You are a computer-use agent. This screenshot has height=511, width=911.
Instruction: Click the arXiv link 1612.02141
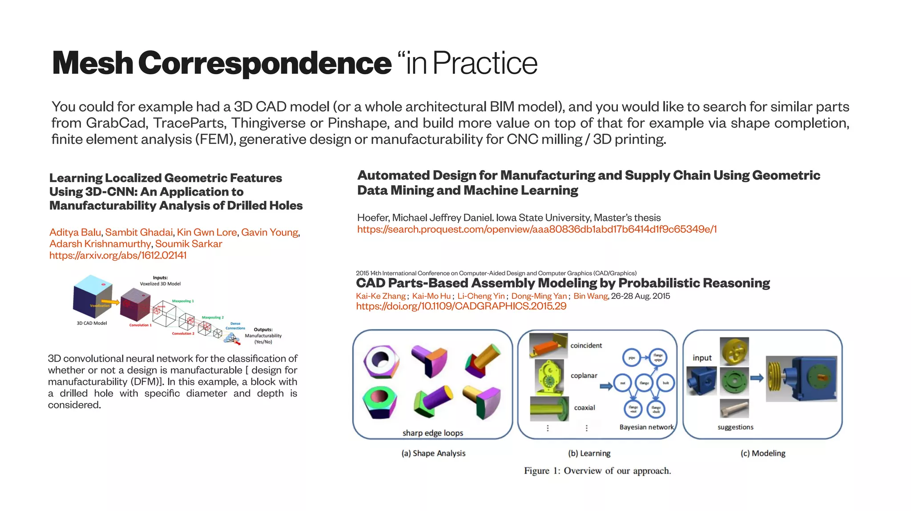pos(118,255)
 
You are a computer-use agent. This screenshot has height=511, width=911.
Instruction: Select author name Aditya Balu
pos(75,232)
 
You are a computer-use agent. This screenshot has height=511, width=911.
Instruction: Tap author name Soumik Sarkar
pos(189,244)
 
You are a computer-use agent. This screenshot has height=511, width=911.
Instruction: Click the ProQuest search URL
pos(537,229)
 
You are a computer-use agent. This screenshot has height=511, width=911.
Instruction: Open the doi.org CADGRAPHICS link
pos(461,306)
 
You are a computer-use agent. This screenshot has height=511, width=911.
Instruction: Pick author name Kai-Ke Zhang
pos(381,296)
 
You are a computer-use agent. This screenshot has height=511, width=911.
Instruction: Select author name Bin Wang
pos(590,296)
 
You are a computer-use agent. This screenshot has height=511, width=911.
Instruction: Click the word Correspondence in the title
pos(265,63)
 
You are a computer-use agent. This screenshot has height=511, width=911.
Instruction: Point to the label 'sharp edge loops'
pos(432,433)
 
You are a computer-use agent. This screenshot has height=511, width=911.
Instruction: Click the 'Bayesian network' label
pos(646,427)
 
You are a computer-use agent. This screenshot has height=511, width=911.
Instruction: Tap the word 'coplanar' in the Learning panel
pos(584,375)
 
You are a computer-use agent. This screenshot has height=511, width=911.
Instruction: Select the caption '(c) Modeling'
pos(762,453)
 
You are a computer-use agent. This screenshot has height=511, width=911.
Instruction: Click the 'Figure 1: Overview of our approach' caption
pos(597,471)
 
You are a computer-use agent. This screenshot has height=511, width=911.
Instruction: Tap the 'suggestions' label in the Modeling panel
pos(735,427)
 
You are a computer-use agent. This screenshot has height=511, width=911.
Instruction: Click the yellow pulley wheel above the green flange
pos(734,351)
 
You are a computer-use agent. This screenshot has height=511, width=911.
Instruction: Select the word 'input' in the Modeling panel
pos(702,358)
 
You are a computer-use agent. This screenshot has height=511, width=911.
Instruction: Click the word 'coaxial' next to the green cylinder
pos(584,407)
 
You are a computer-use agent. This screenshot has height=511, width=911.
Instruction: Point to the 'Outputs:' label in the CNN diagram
pos(263,330)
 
